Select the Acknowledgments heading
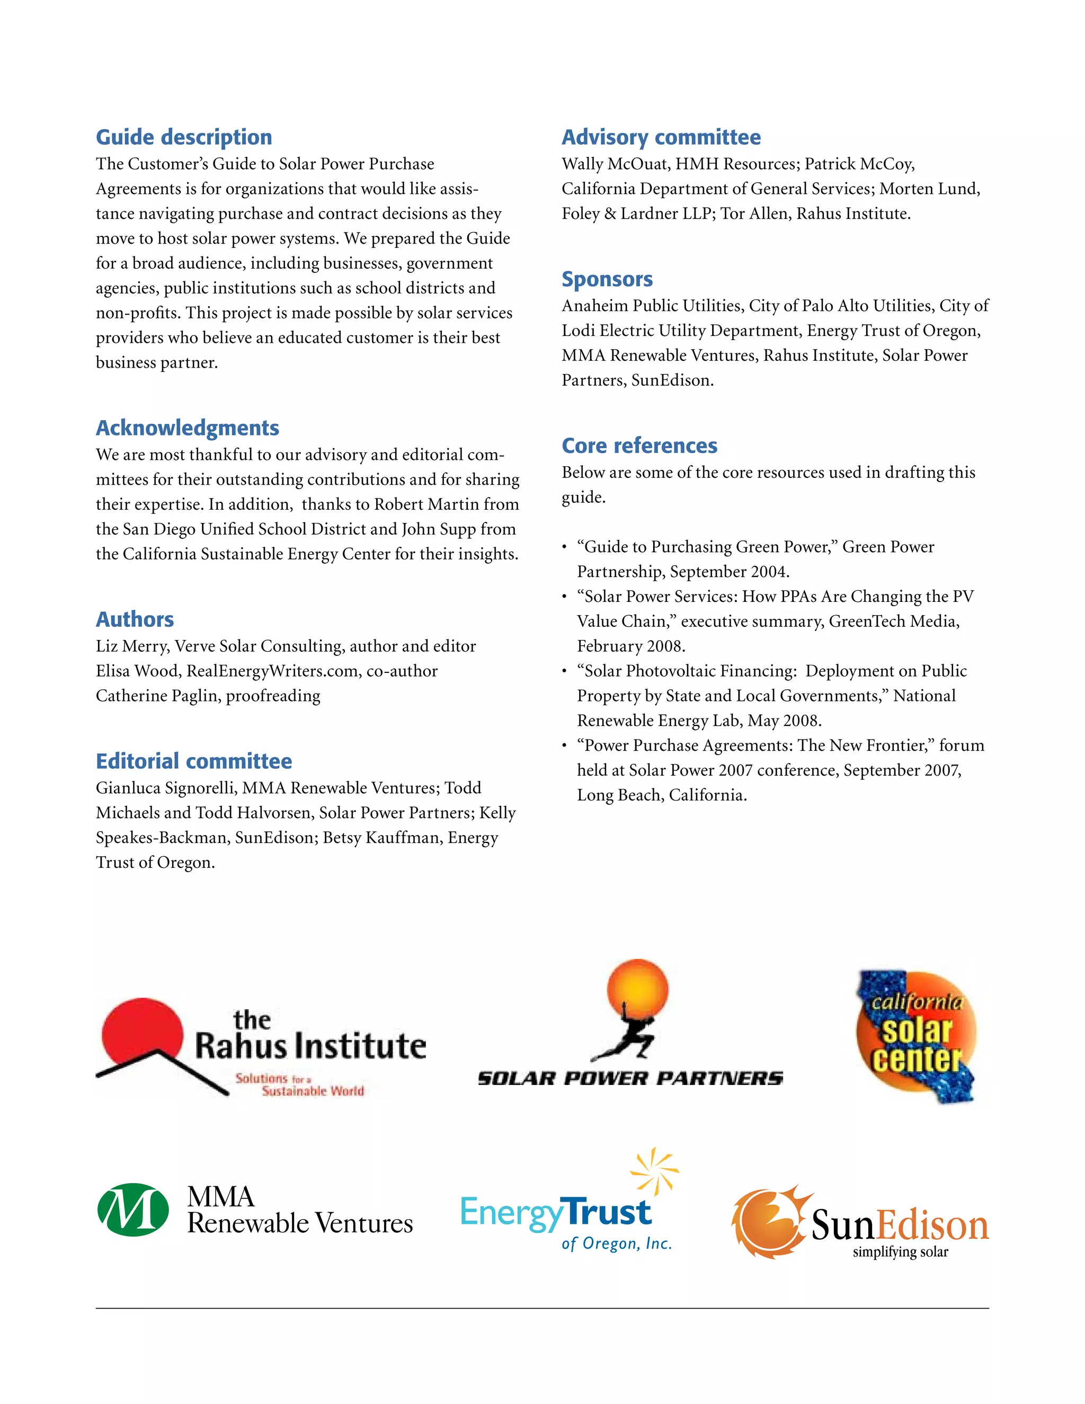pyautogui.click(x=187, y=428)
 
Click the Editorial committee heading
pyautogui.click(x=193, y=761)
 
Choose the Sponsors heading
pyautogui.click(x=607, y=279)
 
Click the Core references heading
pyautogui.click(x=639, y=446)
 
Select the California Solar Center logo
pyautogui.click(x=916, y=1036)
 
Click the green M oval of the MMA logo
pyautogui.click(x=133, y=1210)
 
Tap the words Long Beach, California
pyautogui.click(x=661, y=795)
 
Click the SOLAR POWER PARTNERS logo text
pyautogui.click(x=630, y=1078)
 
